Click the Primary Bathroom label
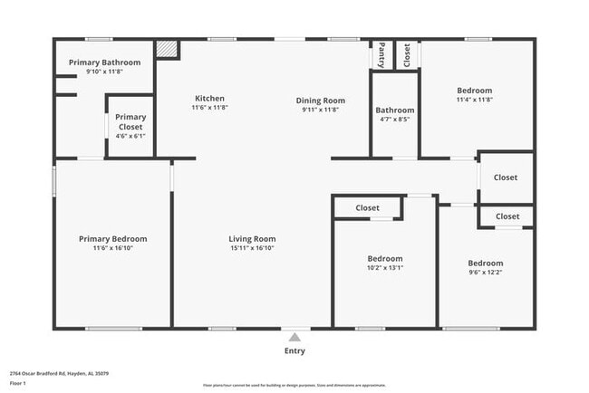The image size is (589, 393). pos(105,62)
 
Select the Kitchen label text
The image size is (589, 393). pos(209,99)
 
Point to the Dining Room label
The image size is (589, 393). pos(321,100)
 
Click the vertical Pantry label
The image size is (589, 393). pos(382,55)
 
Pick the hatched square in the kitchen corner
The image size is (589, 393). pos(167,50)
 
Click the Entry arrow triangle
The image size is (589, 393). pos(294,338)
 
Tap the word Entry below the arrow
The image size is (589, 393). pos(294,351)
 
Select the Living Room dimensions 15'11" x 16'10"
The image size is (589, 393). pos(252,248)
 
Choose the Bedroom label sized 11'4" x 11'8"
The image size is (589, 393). pos(474,91)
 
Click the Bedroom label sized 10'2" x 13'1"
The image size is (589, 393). pos(384,258)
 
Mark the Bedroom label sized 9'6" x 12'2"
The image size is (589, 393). pos(485,263)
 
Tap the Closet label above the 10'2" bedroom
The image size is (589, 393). pos(367,208)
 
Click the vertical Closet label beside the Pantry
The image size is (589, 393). pos(407,55)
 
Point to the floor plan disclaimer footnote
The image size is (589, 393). pos(294,384)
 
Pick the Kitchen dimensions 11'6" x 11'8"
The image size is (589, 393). pos(209,108)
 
